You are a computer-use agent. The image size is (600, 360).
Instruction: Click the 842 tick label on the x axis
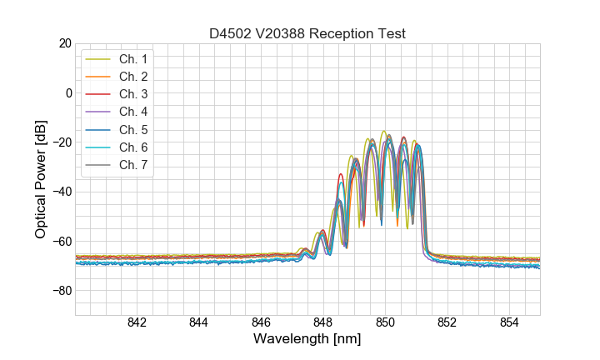pos(137,323)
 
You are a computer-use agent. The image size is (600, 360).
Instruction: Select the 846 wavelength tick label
pos(261,323)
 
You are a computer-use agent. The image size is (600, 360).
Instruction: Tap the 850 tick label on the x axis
pos(385,323)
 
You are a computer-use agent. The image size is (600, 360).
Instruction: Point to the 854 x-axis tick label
pos(509,323)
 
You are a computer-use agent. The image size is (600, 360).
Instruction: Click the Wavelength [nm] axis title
pos(307,339)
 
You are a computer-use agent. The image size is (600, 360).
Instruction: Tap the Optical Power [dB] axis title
pos(41,179)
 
